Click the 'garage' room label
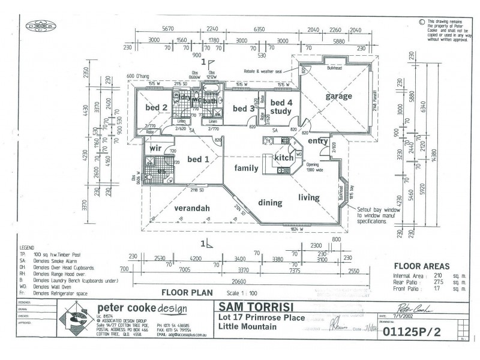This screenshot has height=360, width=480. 338,96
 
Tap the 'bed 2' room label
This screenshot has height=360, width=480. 156,107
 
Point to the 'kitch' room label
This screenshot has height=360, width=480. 283,157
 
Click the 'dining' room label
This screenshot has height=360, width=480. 270,203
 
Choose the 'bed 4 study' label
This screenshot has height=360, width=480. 280,106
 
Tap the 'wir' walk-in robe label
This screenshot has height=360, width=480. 155,148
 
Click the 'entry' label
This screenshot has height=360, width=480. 317,141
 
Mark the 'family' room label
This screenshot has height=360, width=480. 246,168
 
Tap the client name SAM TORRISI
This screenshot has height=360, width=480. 257,307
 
